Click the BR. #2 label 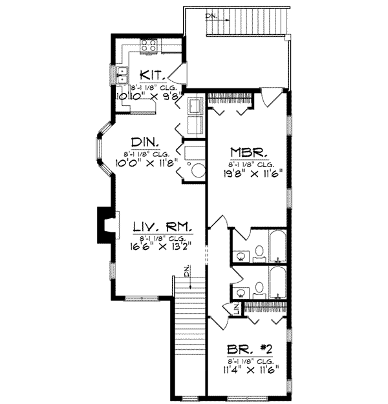(250, 348)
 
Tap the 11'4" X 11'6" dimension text (249, 369)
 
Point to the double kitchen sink (122, 80)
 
